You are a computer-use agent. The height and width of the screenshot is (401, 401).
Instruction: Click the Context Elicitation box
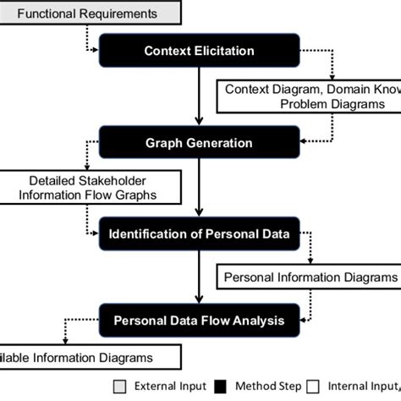coord(199,51)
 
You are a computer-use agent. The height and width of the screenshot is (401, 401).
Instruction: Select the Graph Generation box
coord(199,142)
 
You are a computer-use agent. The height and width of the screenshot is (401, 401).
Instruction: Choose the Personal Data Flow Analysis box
coord(199,321)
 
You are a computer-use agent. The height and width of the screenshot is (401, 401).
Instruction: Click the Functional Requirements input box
coord(88,14)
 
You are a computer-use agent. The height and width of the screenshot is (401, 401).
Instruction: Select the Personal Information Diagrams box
coord(309,277)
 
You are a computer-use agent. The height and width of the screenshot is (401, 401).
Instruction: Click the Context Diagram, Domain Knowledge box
coord(309,96)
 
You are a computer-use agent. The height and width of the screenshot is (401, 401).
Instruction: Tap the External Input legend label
coord(165,386)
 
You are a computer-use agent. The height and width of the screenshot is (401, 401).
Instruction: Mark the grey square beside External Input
coord(119,386)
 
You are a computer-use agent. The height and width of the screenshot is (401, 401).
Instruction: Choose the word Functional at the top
coord(48,14)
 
